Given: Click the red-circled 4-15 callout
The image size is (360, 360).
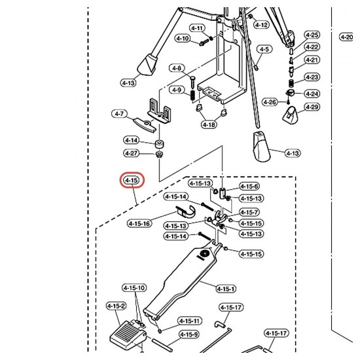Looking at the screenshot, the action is [x=132, y=180].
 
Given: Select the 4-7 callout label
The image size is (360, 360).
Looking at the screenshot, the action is [x=119, y=114].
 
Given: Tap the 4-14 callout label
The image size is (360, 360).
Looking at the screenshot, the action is [x=132, y=140].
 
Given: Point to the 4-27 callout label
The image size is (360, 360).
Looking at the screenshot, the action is [x=132, y=153].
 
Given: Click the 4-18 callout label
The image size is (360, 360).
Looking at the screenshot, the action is [x=209, y=124].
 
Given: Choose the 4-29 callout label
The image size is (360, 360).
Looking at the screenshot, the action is [x=312, y=107].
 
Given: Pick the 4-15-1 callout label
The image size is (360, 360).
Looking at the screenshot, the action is [x=226, y=289].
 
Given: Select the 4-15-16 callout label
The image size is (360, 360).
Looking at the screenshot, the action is [x=139, y=223].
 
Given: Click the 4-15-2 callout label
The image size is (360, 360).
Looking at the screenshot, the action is [x=116, y=306].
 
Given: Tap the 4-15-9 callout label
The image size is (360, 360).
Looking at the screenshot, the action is [x=189, y=334].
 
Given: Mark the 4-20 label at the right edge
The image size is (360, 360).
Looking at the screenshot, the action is [x=346, y=37].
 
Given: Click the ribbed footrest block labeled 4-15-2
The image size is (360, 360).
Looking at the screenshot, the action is [x=128, y=335].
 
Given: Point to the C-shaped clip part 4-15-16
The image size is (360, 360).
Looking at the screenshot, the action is [x=186, y=211].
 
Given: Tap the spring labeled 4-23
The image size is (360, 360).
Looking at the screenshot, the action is [x=291, y=83].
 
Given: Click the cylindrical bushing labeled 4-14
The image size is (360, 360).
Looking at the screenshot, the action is [x=160, y=144].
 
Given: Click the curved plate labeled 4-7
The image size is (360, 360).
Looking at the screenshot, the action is [x=145, y=125].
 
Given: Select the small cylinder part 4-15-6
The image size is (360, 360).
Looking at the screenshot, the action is [x=222, y=193].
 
